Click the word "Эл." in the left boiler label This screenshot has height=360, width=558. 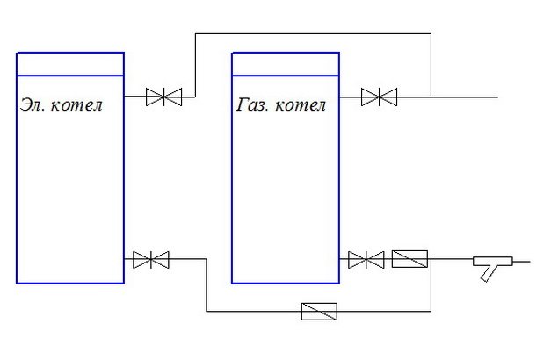(31, 106)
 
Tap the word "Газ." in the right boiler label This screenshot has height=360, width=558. (254, 106)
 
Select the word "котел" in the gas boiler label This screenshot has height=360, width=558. (301, 106)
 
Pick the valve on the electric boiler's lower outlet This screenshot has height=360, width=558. (150, 259)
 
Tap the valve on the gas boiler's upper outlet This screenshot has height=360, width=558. (378, 96)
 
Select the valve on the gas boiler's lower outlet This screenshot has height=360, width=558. (366, 259)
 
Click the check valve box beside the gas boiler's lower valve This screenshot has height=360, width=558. (409, 259)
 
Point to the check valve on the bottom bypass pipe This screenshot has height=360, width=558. (318, 311)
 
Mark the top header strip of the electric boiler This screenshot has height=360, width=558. (70, 64)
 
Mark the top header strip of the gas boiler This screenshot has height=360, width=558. (286, 64)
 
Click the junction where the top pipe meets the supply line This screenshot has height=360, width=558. (431, 96)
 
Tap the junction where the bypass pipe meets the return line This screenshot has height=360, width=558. (431, 259)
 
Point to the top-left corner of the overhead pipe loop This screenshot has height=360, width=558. (194, 34)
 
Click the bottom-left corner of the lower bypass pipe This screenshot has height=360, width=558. (206, 311)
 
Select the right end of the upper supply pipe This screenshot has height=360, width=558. (497, 96)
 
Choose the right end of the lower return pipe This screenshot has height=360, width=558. (529, 259)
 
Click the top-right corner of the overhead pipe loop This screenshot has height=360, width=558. (431, 34)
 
